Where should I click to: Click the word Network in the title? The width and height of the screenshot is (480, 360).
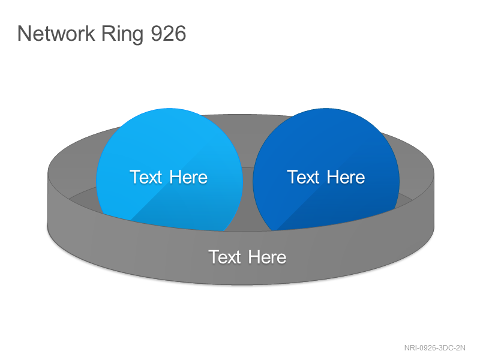[x=56, y=33]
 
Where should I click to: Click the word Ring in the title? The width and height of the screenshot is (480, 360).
[x=122, y=35]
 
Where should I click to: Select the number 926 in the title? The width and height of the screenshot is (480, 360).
[x=169, y=34]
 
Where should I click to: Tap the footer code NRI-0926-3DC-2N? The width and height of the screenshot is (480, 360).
[x=434, y=348]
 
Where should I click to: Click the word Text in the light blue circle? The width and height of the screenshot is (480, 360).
[x=146, y=177]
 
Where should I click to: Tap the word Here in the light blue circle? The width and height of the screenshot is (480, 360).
[x=188, y=177]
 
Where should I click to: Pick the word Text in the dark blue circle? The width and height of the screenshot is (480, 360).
[x=303, y=177]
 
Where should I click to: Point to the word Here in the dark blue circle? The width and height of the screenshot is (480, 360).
[x=346, y=177]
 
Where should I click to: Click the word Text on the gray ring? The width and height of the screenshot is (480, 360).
[x=224, y=257]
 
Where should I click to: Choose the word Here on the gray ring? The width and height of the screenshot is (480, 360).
[x=267, y=257]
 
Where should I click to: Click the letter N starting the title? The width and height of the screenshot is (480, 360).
[x=23, y=34]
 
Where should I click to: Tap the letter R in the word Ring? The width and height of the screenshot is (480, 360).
[x=107, y=34]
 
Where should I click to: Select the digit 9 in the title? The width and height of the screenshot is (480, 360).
[x=157, y=34]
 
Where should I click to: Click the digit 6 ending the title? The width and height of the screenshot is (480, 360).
[x=181, y=34]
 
